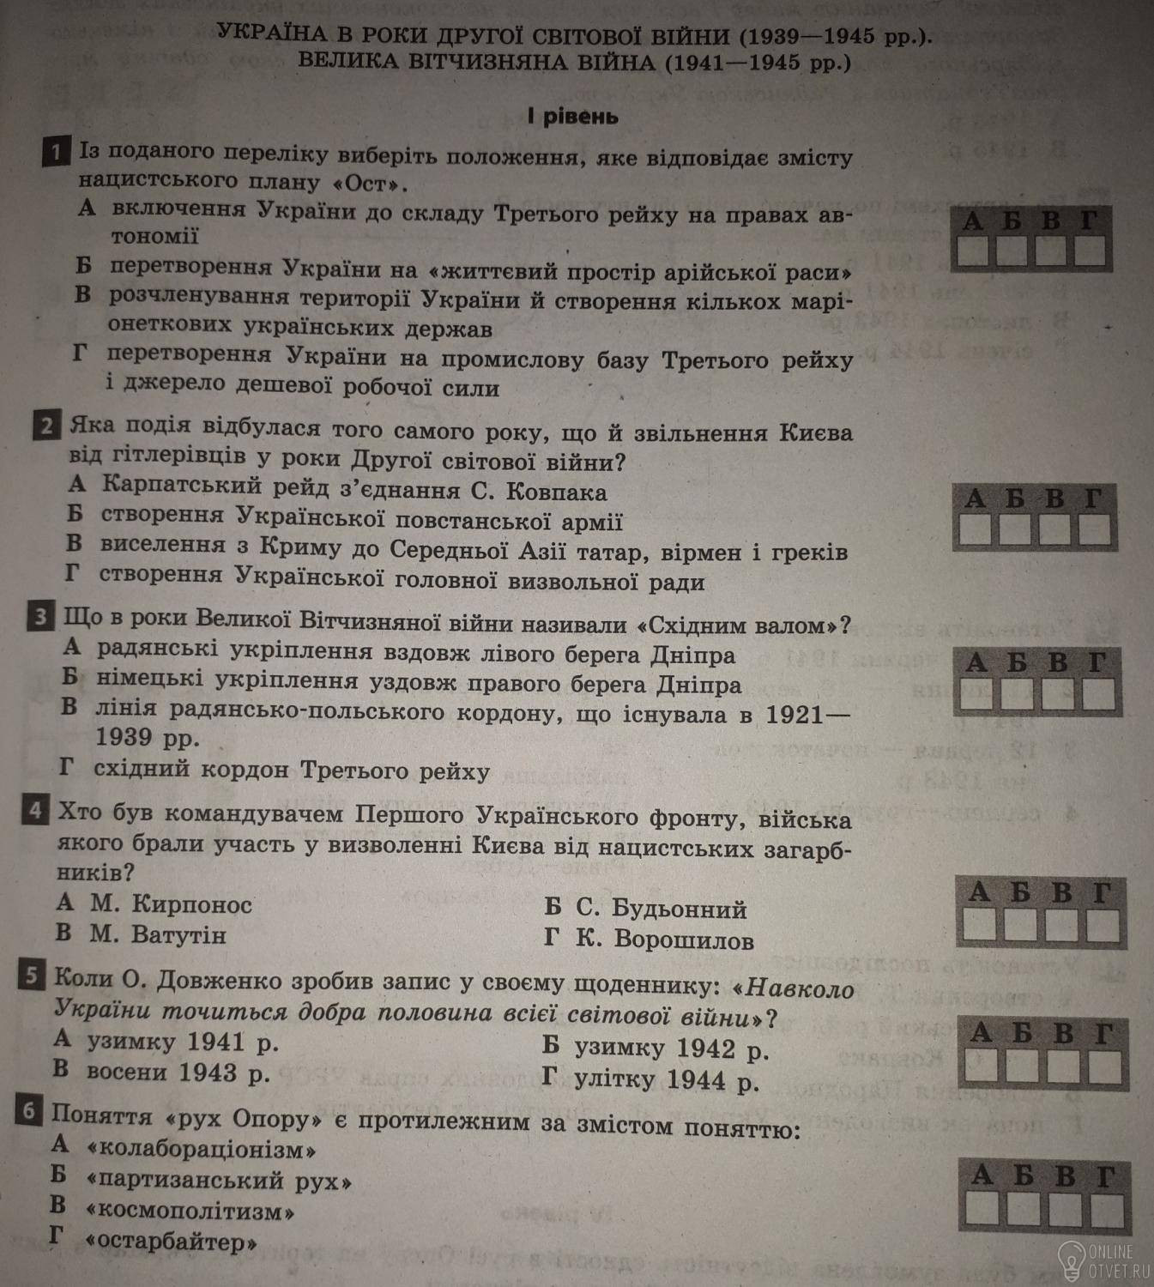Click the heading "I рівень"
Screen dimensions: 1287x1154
(x=572, y=116)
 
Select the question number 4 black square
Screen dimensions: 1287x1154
(x=35, y=811)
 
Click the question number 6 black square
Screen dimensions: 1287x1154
(x=28, y=1113)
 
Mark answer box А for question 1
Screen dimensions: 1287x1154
(x=973, y=251)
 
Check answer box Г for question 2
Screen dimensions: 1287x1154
(x=1094, y=530)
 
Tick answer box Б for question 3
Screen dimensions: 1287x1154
(x=1016, y=694)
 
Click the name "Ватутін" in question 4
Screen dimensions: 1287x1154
(x=178, y=934)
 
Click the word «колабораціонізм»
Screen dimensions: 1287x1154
(x=202, y=1149)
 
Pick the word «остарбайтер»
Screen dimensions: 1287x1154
(x=172, y=1242)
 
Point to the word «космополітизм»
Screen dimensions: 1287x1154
(x=190, y=1211)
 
